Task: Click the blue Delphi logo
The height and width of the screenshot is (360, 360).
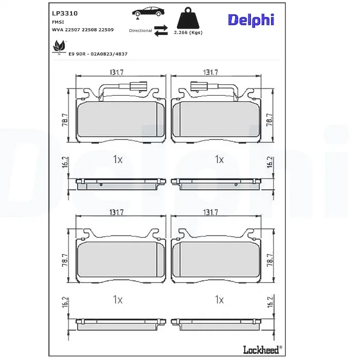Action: click(x=251, y=20)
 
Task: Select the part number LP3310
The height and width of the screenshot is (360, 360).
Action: click(x=65, y=13)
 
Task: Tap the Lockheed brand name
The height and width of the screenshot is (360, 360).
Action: click(x=261, y=350)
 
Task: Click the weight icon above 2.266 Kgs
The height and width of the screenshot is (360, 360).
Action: click(x=188, y=18)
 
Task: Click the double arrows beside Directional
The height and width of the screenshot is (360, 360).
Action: click(x=160, y=31)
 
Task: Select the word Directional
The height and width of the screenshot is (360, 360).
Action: click(x=140, y=30)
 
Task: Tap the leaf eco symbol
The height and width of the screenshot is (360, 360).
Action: click(x=59, y=47)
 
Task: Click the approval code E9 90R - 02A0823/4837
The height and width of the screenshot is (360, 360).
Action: click(x=98, y=54)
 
